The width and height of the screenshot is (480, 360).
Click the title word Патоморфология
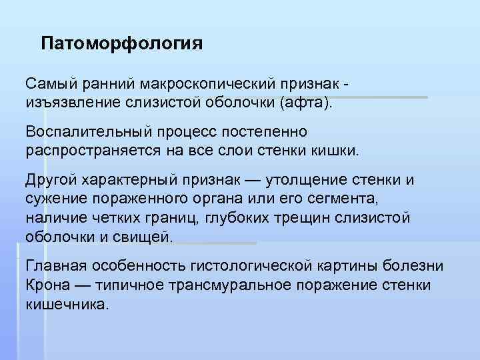[121, 44]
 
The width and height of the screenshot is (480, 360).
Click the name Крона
[47, 285]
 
